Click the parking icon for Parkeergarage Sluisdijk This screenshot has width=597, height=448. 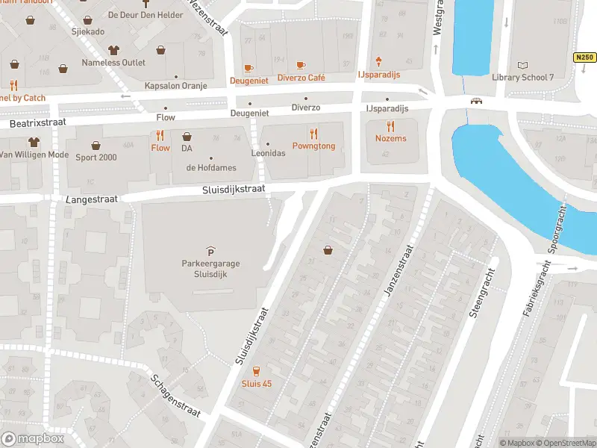(x=210, y=251)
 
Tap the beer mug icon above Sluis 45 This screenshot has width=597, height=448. (x=257, y=371)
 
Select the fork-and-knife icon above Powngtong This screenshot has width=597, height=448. (x=314, y=134)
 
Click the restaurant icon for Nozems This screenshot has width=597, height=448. (x=390, y=126)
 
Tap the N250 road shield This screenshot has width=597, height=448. (x=584, y=57)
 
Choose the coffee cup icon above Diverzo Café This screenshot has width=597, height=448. (x=301, y=66)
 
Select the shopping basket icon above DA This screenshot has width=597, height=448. (x=187, y=137)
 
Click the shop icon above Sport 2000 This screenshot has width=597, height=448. (x=96, y=145)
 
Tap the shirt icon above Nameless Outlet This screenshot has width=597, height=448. (x=113, y=51)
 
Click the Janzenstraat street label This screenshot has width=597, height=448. (x=398, y=271)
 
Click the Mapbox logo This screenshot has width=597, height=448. (x=32, y=438)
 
